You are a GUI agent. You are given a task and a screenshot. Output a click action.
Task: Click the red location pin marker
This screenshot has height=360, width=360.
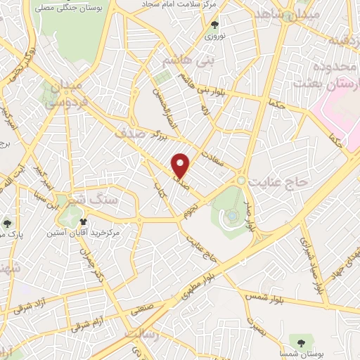point(181,165)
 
